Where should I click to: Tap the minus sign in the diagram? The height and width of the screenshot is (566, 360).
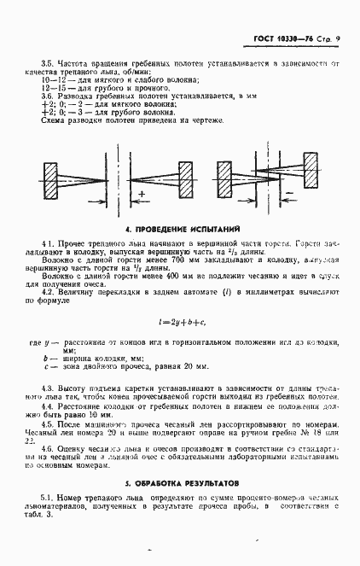pyautogui.click(x=289, y=195)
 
